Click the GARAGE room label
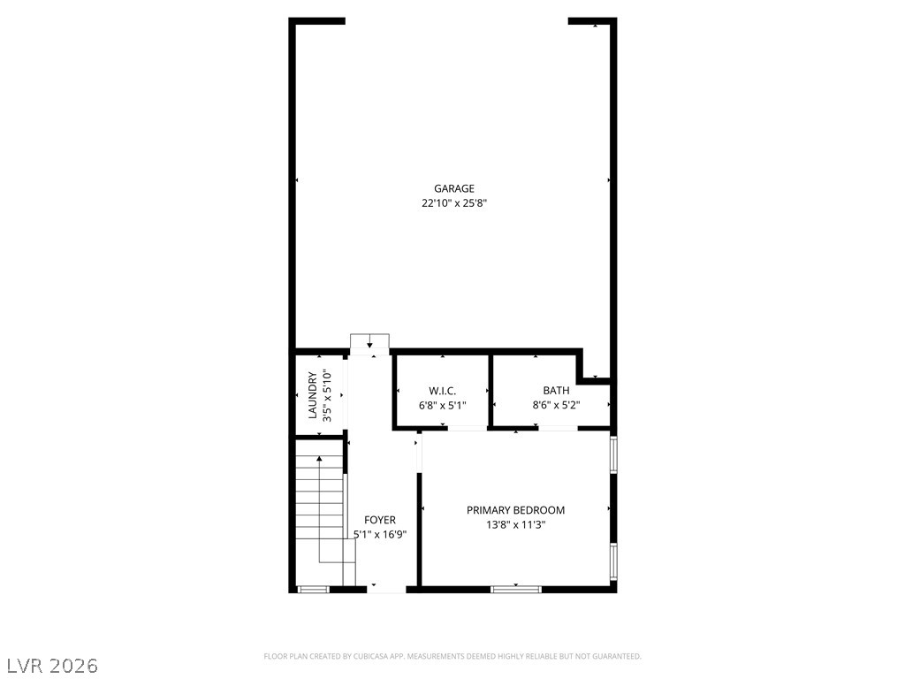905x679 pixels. point(454,188)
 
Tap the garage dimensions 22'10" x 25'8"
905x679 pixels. point(454,203)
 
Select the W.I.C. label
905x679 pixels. point(443,391)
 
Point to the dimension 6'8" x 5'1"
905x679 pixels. point(443,406)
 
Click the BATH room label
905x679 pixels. point(557,391)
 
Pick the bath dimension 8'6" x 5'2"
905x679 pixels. point(557,406)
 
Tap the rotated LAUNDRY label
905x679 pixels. point(312,395)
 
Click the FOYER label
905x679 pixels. point(380,520)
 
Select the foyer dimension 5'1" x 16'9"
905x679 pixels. point(380,534)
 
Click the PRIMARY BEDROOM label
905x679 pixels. point(515,510)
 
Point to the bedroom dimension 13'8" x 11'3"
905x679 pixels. point(515,525)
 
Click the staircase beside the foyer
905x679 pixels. point(320,507)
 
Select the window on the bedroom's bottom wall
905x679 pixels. point(516,588)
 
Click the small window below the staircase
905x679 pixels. point(313,589)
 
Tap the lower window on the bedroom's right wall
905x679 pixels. point(613,561)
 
